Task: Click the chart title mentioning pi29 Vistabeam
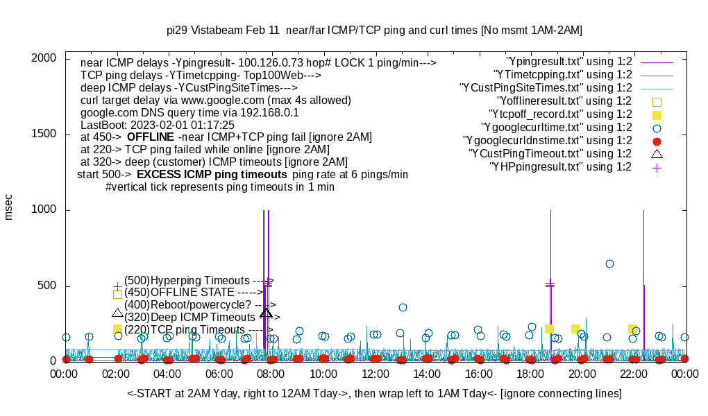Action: coord(374,31)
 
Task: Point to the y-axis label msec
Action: coord(9,207)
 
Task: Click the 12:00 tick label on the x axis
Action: coord(376,374)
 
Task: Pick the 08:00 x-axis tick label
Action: coord(271,374)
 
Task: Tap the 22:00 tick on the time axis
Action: coord(634,374)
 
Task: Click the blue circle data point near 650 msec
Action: coord(609,263)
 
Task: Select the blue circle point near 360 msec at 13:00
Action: coord(403,307)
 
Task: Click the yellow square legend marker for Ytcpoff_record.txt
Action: coord(657,114)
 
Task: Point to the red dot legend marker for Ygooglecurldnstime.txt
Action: coord(657,141)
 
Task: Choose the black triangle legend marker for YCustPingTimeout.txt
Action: coord(657,153)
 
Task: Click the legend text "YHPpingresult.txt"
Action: coord(560,167)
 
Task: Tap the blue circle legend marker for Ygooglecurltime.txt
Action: coord(657,128)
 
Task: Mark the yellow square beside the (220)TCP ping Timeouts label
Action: coord(117,329)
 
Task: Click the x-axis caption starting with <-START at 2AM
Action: coord(374,394)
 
